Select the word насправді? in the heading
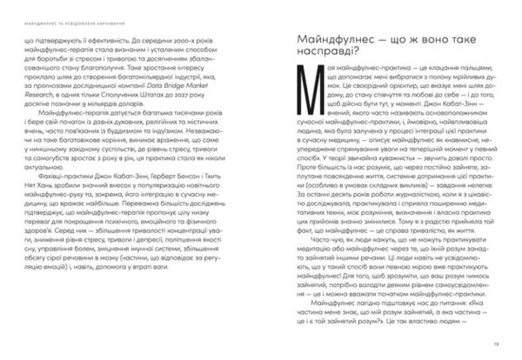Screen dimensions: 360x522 [326, 60]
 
